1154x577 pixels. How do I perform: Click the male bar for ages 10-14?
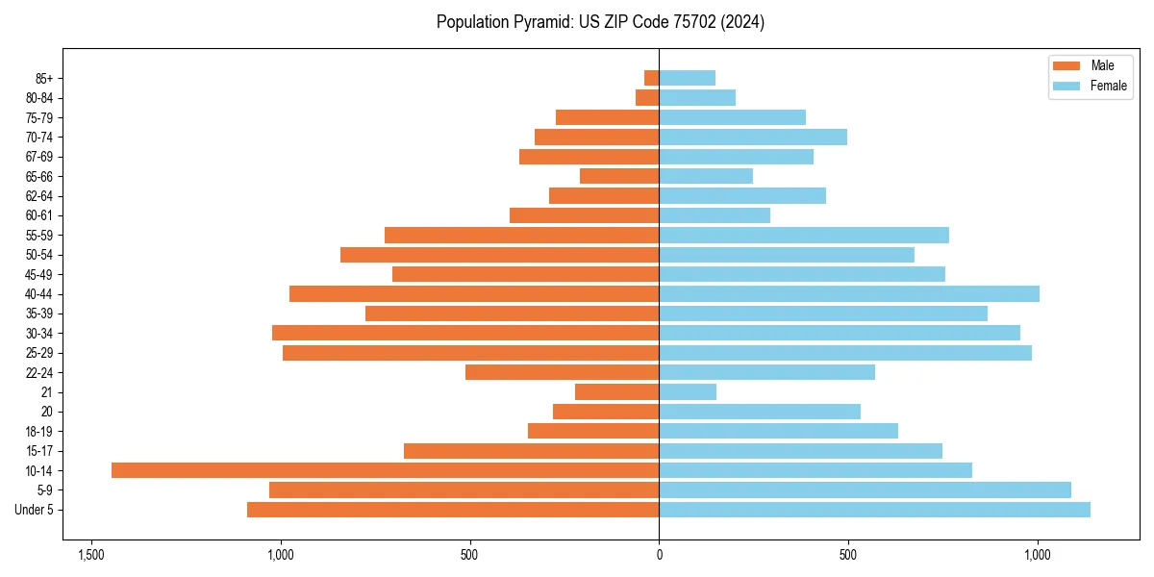tap(385, 470)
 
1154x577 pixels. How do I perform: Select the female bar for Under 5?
tap(874, 510)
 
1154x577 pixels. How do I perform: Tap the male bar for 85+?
tap(652, 78)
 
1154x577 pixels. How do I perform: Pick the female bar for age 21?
tap(688, 391)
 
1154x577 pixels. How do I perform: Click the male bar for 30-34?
tap(465, 333)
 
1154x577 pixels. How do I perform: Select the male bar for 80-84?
tap(647, 97)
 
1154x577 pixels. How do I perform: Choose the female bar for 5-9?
tap(865, 489)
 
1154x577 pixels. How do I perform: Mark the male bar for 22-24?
tap(563, 372)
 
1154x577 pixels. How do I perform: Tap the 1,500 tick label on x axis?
tap(91, 555)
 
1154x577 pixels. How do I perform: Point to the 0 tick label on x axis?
tap(659, 555)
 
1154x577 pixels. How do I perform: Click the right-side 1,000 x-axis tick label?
tap(1037, 555)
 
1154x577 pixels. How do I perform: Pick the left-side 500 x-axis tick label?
tap(469, 555)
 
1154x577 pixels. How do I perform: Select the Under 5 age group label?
tap(35, 510)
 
